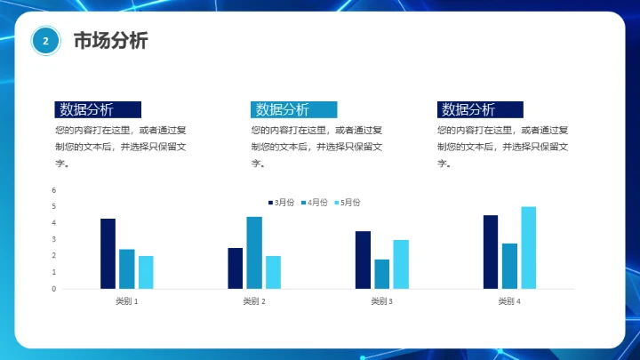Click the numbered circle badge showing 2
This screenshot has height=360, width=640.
pos(45,41)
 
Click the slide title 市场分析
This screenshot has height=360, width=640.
pos(110,41)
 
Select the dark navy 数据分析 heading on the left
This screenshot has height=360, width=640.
pos(98,109)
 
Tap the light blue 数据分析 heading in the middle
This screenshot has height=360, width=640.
pos(294,109)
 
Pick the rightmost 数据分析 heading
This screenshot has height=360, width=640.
pos(480,109)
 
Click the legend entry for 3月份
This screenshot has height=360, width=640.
pos(281,203)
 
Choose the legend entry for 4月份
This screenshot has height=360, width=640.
pos(314,203)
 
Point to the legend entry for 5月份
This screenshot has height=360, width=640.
pos(347,203)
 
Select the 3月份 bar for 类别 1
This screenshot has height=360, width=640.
pos(108,253)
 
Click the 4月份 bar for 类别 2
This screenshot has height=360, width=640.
pos(254,252)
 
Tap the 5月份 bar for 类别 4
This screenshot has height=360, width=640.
pos(529,247)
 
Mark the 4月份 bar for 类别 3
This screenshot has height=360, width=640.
pos(382,274)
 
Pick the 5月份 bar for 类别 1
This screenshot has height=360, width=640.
pos(146,272)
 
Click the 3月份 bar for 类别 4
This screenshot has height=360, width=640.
pos(491,252)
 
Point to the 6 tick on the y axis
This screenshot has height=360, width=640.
pos(53,190)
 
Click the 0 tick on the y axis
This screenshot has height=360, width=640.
pos(53,289)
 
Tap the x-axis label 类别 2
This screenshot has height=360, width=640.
pos(254,301)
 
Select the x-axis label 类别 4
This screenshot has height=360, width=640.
pos(509,301)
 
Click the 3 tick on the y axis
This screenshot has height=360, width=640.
pos(53,239)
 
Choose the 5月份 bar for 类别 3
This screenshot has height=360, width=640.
pos(401,264)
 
